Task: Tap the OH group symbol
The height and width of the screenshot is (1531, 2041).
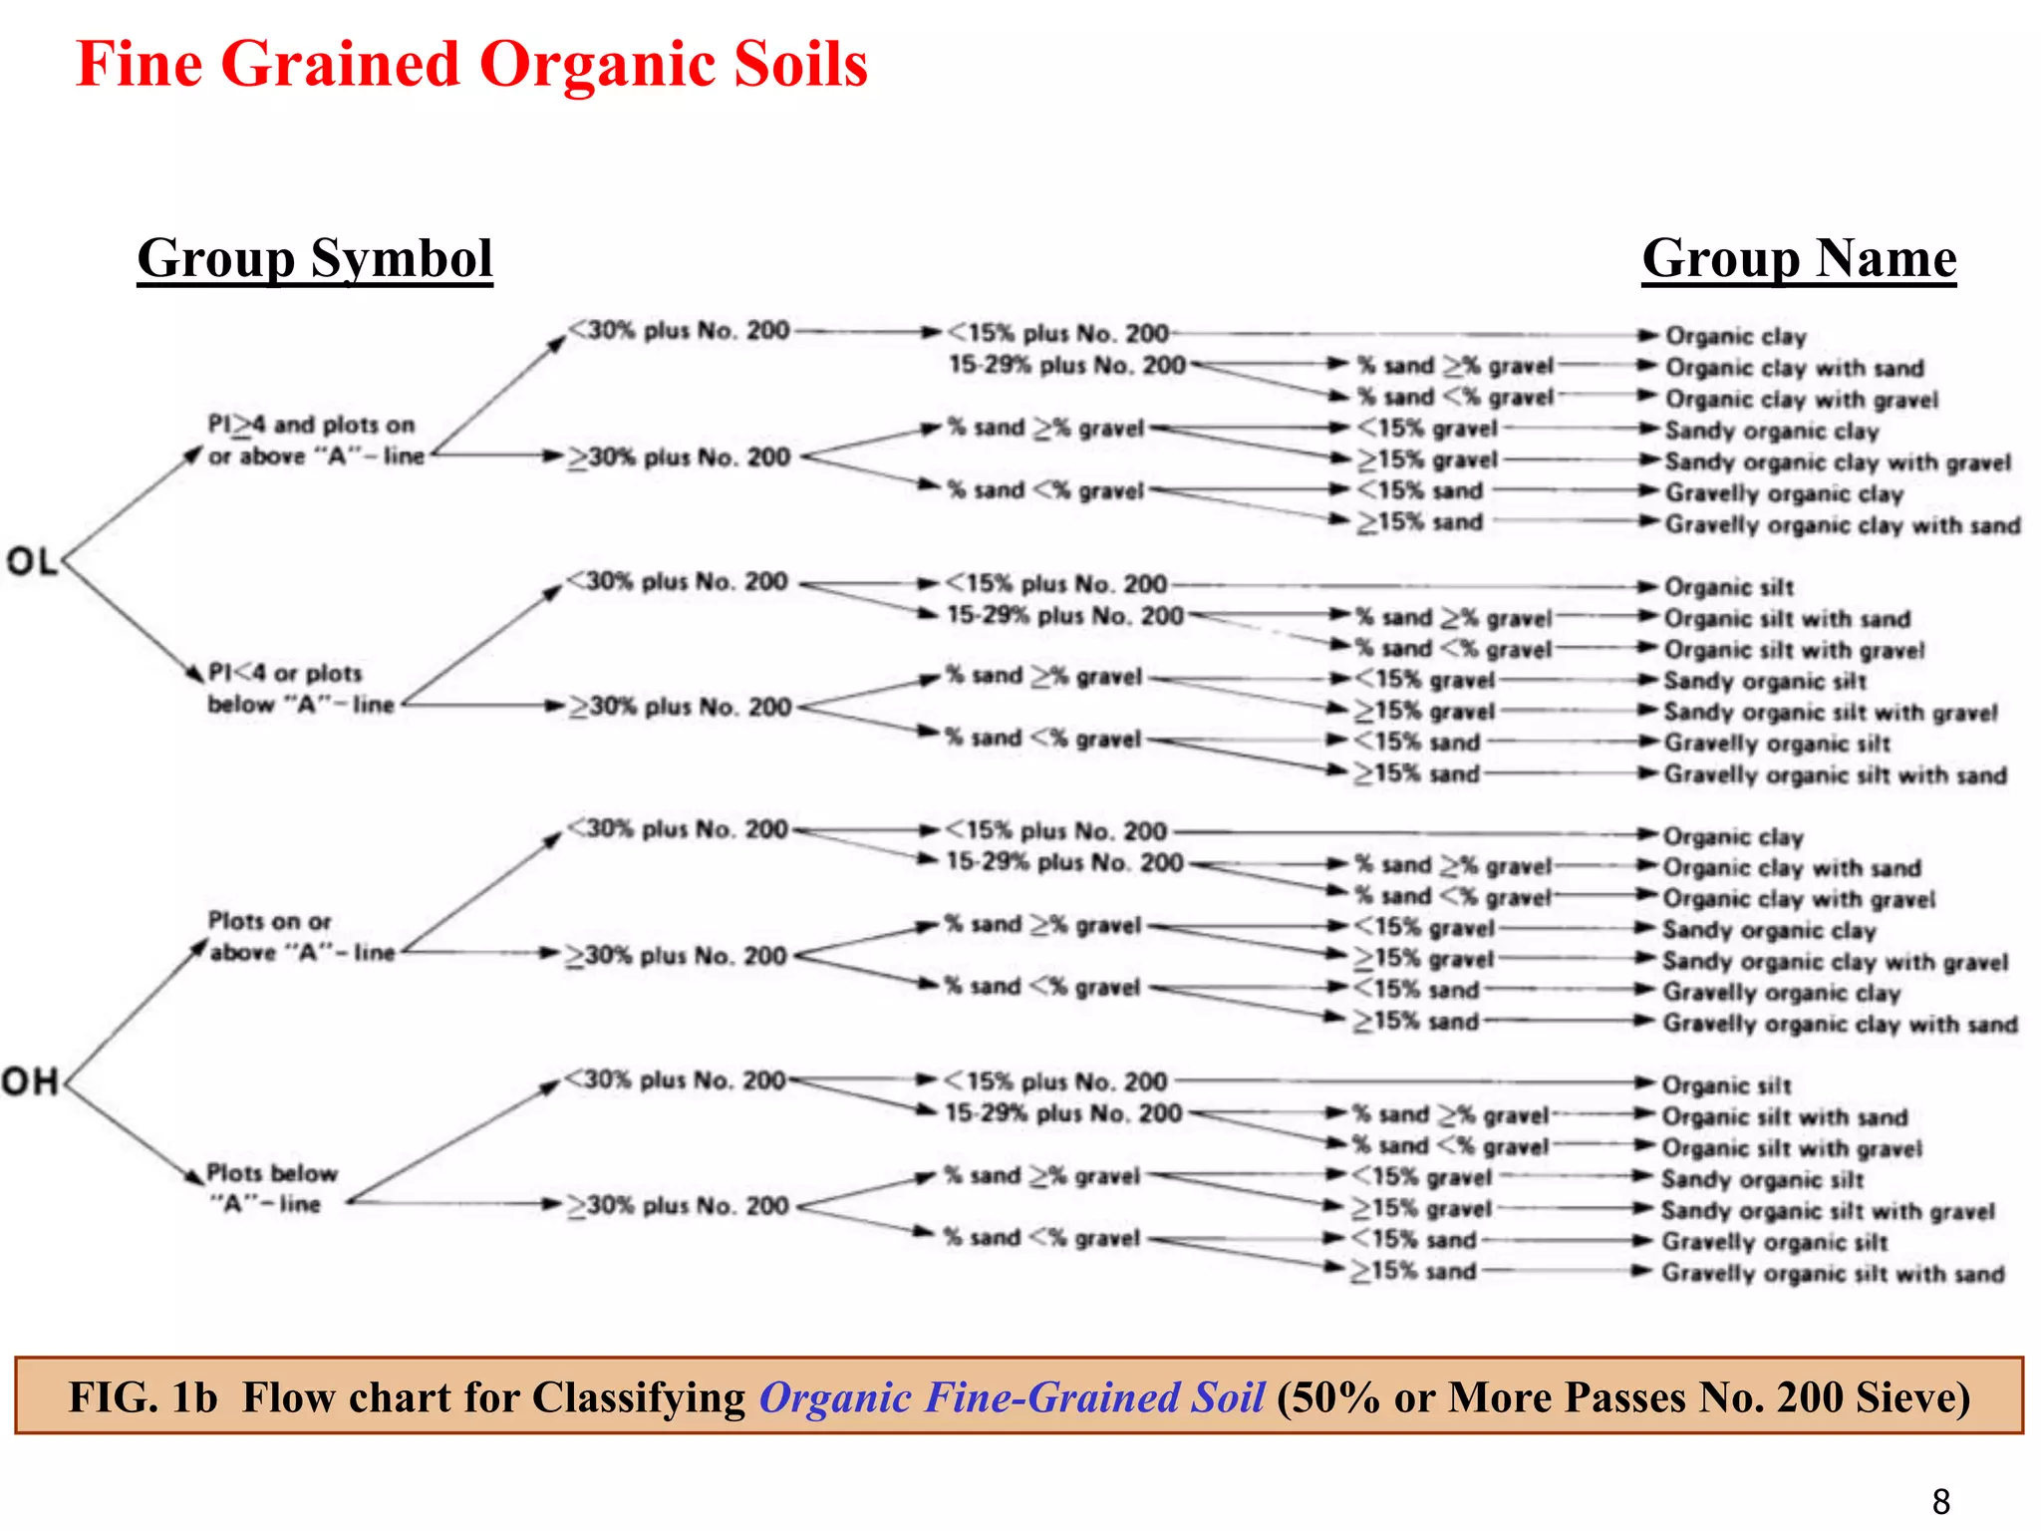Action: [x=31, y=1081]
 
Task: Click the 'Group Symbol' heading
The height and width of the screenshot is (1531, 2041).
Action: [x=315, y=259]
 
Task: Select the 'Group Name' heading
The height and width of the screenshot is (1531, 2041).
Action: [x=1799, y=259]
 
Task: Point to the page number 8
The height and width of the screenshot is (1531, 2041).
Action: [x=1940, y=1500]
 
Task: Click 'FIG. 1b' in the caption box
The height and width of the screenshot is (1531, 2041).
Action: [x=143, y=1396]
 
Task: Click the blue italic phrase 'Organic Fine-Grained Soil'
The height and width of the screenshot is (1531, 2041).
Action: [x=1012, y=1396]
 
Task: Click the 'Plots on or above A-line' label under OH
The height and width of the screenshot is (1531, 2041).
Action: [x=300, y=937]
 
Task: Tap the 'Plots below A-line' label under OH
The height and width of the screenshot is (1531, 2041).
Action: [x=271, y=1188]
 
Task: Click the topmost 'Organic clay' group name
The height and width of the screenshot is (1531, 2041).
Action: [x=1735, y=337]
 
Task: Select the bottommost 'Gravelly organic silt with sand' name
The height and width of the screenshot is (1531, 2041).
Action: [x=1832, y=1274]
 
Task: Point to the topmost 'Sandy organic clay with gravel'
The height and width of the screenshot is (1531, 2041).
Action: [x=1838, y=462]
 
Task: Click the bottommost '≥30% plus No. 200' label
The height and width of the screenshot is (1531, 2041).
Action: [x=679, y=1206]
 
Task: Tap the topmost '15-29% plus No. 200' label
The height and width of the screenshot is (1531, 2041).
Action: [x=1067, y=365]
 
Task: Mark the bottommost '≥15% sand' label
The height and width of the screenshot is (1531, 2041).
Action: [x=1414, y=1271]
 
